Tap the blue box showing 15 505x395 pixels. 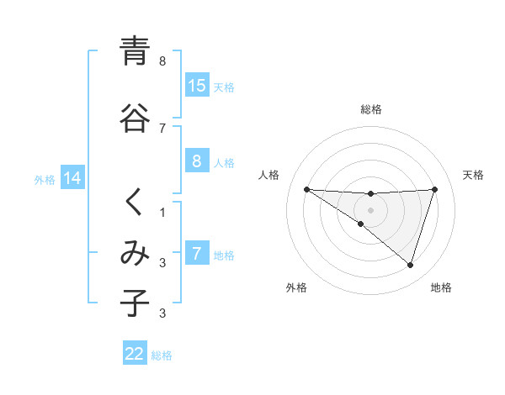[x=197, y=86]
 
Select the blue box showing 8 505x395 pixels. [x=197, y=161]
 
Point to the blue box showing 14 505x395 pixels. [x=72, y=178]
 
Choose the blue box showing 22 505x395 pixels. [x=135, y=354]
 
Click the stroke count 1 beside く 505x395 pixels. [x=163, y=213]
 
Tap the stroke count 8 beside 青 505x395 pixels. [x=163, y=61]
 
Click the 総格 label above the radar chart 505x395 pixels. [x=371, y=109]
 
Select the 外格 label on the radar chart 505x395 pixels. [x=296, y=287]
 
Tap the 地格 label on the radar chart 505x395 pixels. [x=441, y=287]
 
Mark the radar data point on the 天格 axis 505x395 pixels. [x=434, y=189]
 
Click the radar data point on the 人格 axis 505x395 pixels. [x=306, y=189]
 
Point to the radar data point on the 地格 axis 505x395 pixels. [x=410, y=265]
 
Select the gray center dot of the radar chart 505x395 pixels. [x=370, y=209]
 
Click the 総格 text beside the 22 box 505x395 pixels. [x=162, y=355]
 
